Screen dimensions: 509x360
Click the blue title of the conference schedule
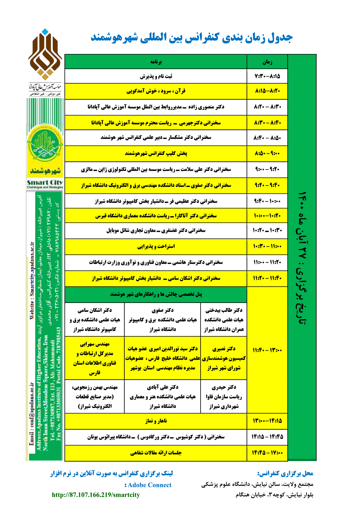coord(192,38)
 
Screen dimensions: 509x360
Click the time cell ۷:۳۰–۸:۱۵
coord(267,76)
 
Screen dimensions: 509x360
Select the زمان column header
coord(267,62)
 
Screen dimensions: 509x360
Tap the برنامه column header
coord(156,62)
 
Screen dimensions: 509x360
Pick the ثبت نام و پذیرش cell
coord(156,76)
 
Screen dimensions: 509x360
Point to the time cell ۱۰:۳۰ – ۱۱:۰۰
coord(267,246)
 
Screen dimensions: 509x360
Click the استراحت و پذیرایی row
coord(156,246)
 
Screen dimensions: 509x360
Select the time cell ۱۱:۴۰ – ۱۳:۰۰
coord(267,350)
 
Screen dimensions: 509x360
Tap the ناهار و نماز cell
coord(156,421)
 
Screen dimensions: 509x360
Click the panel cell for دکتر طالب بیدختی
coord(224,320)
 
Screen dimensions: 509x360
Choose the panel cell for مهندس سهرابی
coord(95,358)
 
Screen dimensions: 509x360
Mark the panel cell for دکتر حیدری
coord(224,396)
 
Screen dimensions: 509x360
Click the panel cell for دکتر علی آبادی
coord(163,396)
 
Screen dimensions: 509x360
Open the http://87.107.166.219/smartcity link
coord(96,495)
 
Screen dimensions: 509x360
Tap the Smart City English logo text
coord(45,183)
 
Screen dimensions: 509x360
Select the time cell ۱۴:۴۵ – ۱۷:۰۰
coord(267,453)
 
